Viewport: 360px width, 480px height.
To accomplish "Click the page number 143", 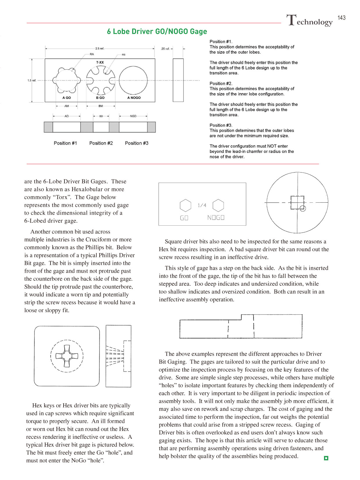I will pos(341,18).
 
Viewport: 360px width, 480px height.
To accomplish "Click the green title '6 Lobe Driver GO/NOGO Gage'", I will pos(157,31).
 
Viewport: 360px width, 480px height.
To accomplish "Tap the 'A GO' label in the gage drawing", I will pos(66,98).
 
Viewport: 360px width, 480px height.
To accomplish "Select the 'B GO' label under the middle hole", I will pos(100,98).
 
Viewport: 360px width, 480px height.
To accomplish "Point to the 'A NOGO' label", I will pos(134,98).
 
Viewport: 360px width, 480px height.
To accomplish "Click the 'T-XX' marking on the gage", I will pos(100,62).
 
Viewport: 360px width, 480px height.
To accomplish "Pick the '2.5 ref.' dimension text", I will pos(100,48).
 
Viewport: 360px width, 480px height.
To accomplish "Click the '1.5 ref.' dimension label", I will pos(32,80).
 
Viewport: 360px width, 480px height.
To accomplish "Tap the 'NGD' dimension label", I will pos(133,116).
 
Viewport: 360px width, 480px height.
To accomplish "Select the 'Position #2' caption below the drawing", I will pos(101,143).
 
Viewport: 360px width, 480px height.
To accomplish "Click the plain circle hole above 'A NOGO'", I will pos(133,80).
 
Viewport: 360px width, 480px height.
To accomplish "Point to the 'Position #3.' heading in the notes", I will pos(221,125).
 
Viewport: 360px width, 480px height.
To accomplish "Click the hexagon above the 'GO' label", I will pos(186,205).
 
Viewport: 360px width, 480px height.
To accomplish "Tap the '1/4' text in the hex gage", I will pos(202,205).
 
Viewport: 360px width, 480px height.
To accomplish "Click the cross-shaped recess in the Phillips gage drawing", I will pos(67,356).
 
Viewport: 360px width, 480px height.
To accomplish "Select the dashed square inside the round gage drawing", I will pos(297,202).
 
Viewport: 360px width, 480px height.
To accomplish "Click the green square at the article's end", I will pos(326,458).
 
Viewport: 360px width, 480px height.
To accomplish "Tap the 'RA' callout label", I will pos(92,54).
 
